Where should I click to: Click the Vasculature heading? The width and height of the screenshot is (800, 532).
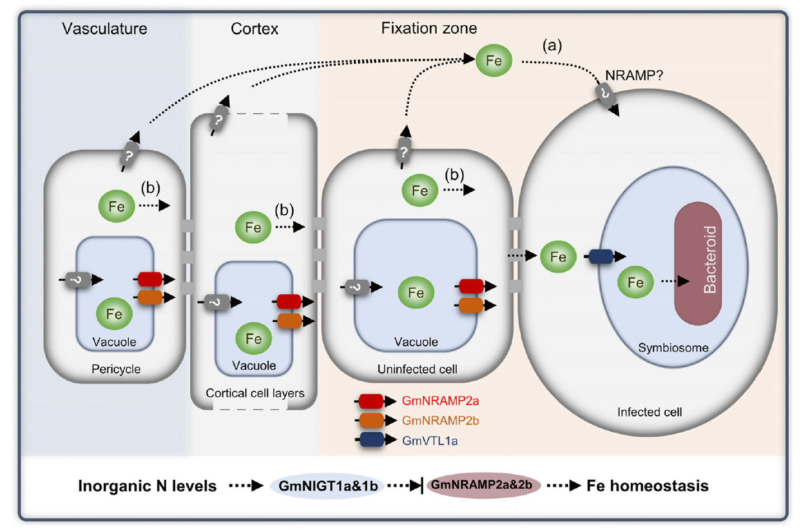tap(105, 29)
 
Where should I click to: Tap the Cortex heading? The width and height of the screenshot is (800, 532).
tap(254, 29)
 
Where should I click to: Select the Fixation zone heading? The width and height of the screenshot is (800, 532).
tap(429, 28)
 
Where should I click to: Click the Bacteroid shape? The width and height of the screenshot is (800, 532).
tap(698, 263)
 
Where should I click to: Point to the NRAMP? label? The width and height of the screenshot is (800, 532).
tap(634, 75)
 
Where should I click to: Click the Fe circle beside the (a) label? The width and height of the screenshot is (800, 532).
tap(494, 61)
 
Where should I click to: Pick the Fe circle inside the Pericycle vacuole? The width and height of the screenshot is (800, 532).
tap(114, 314)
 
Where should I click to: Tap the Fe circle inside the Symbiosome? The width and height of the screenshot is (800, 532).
tap(635, 282)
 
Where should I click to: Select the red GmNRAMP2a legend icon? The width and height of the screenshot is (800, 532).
tap(371, 401)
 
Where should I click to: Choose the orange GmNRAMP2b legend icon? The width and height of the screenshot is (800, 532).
tap(371, 420)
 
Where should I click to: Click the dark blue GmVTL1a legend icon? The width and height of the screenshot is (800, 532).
tap(371, 440)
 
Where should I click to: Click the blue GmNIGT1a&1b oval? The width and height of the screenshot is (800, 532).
tap(328, 486)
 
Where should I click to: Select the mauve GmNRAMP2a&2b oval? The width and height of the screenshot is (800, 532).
tap(482, 485)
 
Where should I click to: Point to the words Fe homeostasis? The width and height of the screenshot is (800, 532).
tap(647, 486)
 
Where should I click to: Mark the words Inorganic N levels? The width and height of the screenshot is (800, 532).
tap(147, 486)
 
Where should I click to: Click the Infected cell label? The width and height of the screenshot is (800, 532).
tap(649, 412)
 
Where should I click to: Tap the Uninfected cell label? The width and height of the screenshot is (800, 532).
tap(417, 369)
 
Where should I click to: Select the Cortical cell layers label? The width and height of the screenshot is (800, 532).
tap(255, 393)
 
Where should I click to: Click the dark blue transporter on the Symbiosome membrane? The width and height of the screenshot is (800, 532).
tap(601, 257)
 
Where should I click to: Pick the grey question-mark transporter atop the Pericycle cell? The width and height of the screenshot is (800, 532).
tap(129, 155)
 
